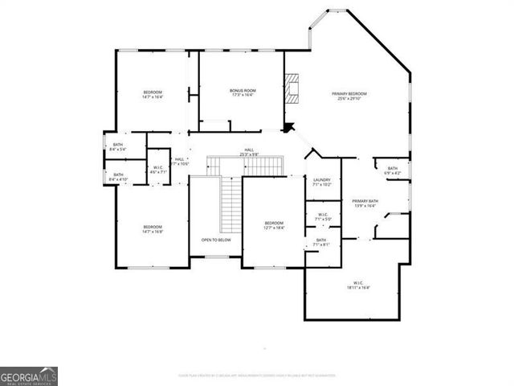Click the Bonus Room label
click(242, 90)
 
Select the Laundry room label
click(322, 179)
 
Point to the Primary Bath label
click(365, 201)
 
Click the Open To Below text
click(216, 240)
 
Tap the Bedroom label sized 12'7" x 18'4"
click(274, 223)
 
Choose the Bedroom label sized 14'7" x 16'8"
click(153, 227)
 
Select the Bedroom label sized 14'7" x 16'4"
click(153, 92)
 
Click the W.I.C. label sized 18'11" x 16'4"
click(358, 282)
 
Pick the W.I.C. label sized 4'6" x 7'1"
click(158, 167)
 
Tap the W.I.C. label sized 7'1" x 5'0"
click(323, 215)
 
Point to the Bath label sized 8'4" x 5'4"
click(118, 145)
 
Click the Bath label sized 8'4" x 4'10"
click(118, 175)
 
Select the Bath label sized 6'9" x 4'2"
click(393, 168)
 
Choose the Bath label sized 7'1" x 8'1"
click(321, 240)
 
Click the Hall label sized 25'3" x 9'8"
click(249, 150)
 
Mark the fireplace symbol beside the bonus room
click(294, 89)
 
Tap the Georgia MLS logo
click(28, 376)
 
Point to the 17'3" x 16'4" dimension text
click(242, 95)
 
